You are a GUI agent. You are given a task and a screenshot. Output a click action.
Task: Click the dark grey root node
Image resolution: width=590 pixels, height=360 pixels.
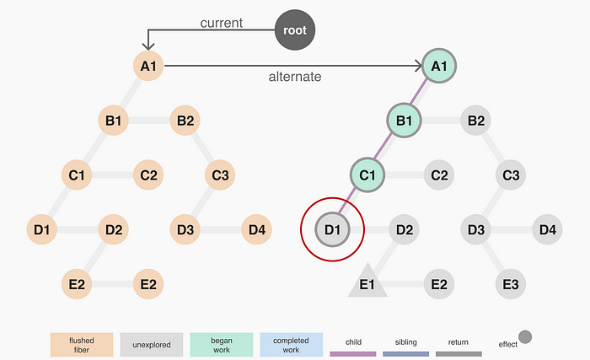[295, 31]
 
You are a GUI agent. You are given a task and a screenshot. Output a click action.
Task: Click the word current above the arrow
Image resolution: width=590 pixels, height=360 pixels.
[222, 23]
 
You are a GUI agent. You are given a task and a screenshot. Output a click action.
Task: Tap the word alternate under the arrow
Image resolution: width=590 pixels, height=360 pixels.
[295, 77]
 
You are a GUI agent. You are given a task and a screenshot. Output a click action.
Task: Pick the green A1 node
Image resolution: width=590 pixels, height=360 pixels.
[438, 65]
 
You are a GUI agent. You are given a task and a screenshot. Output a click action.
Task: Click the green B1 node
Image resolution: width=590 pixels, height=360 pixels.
[404, 121]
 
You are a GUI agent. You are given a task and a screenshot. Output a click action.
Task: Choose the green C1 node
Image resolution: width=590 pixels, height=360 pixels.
[367, 175]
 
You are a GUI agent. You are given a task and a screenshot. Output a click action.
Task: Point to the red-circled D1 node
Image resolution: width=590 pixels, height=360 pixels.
[332, 228]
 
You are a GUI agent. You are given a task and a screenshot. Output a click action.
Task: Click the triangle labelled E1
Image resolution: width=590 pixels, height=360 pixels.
[367, 283]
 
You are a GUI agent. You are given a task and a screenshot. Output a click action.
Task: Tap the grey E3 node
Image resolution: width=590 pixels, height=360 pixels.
[510, 283]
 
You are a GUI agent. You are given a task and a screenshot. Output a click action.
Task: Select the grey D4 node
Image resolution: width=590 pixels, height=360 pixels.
[547, 229]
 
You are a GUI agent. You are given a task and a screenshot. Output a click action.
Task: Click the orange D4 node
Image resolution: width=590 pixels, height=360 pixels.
[257, 229]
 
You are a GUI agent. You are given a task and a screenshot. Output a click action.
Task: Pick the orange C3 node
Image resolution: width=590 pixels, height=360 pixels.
[221, 175]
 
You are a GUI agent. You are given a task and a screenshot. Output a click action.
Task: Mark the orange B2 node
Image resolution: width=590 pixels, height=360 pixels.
[185, 121]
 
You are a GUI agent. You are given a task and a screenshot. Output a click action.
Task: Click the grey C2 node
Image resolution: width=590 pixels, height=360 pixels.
[439, 175]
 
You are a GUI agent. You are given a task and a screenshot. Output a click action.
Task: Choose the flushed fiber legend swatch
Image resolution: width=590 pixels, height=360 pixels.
[82, 344]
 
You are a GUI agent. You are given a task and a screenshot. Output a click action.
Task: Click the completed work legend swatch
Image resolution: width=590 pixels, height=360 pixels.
[291, 344]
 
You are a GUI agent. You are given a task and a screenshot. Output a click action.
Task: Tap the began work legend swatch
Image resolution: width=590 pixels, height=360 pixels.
[221, 344]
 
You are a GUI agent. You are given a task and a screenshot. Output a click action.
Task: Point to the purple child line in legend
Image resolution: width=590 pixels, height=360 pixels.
[353, 354]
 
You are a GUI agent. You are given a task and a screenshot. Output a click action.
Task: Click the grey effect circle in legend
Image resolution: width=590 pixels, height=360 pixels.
[525, 338]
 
